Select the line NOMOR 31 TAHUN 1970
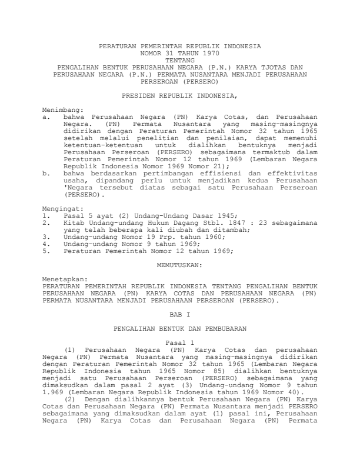(179, 53)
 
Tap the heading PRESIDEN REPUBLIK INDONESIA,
(179, 94)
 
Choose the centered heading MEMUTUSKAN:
(179, 265)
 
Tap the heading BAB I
(179, 315)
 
